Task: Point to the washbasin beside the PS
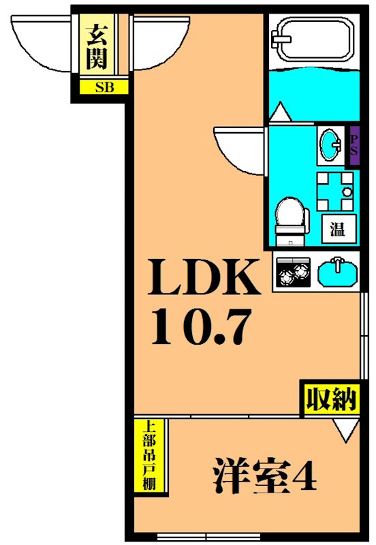(x=332, y=145)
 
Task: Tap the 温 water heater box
(x=337, y=228)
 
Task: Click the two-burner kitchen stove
(x=292, y=272)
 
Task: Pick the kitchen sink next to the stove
(x=336, y=272)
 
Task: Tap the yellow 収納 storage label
(x=330, y=399)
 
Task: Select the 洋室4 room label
(x=265, y=475)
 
